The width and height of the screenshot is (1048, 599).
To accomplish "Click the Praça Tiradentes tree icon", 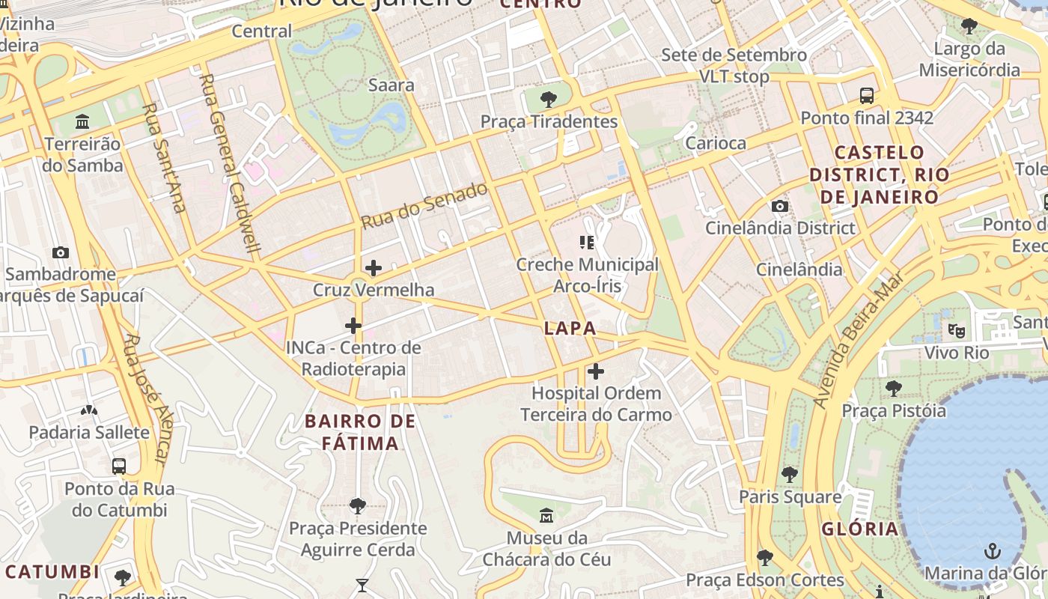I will [x=549, y=99].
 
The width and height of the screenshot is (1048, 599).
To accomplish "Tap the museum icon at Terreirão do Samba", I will [x=82, y=121].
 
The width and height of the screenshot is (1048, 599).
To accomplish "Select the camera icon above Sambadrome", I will [x=61, y=252].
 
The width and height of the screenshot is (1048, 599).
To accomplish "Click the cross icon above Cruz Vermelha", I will [x=373, y=268].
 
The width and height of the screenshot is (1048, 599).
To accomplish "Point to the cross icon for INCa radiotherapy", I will [x=353, y=326].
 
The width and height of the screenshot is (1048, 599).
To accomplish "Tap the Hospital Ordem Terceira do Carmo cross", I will [x=596, y=371].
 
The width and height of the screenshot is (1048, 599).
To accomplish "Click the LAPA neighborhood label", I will [x=570, y=328].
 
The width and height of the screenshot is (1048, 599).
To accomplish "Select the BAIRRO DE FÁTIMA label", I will [x=361, y=432].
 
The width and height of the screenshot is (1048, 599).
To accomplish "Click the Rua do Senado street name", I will [x=424, y=206].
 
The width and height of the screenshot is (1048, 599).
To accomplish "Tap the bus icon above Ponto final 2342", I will [x=867, y=96].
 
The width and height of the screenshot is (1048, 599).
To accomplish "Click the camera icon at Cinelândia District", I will [x=780, y=206].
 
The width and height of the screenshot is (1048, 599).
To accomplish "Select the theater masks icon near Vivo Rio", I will [x=956, y=329].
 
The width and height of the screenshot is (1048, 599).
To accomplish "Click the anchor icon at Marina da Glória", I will [x=992, y=552].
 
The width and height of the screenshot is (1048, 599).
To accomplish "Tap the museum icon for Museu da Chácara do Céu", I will [x=546, y=515].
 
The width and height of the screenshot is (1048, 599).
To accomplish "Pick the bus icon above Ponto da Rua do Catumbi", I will [x=119, y=466].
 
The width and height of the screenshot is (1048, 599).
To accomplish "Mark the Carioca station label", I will [x=716, y=143].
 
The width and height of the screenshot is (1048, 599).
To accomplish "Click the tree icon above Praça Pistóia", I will [x=893, y=388].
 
